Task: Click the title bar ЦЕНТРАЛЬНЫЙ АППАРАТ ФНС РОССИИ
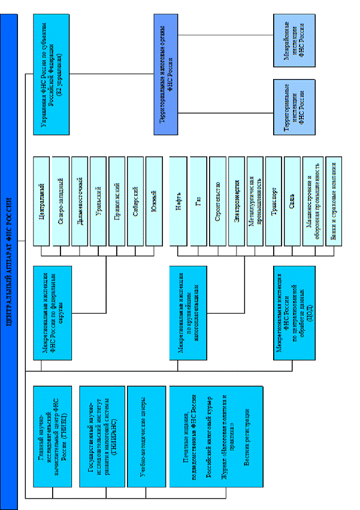pos(9,254)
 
